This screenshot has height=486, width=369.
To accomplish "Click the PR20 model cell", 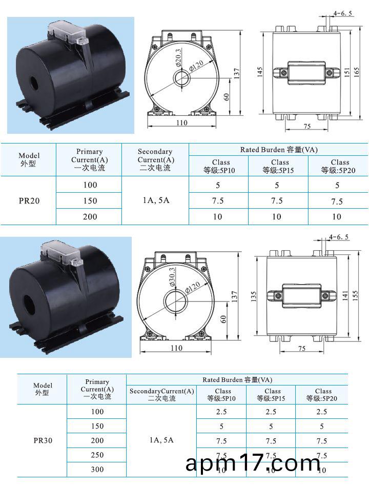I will coord(29,200).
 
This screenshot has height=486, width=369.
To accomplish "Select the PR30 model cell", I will coord(43,440).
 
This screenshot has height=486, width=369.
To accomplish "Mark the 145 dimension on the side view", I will coord(260,72).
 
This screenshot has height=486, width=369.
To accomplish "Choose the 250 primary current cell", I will coord(97,455).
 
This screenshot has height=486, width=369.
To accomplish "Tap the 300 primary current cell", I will coord(97,469).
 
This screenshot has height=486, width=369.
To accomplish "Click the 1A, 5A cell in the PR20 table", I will coord(155,200).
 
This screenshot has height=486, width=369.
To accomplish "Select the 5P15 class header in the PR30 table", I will coord(272,394).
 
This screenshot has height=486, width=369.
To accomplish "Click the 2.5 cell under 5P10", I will coord(221,412).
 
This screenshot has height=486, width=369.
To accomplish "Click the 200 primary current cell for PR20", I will coord(90,216).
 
